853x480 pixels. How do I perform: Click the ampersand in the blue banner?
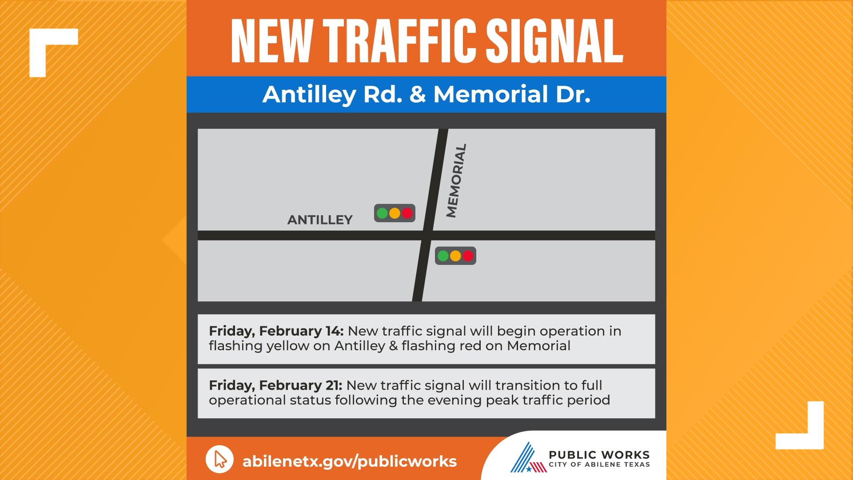pos(418,94)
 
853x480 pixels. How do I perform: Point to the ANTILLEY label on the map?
pos(320,220)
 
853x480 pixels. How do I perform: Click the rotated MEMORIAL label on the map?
pos(457,180)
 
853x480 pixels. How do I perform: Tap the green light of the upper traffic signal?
pos(382,213)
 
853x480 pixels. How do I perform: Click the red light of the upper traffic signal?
pos(407,213)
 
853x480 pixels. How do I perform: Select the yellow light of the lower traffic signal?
pos(455,256)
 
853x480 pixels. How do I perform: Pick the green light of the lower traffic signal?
pos(443,256)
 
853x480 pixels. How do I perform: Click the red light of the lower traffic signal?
pos(468,256)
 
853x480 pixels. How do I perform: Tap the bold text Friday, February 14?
pos(276,331)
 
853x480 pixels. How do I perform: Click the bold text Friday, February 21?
pos(275,385)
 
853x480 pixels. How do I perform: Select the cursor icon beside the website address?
pos(219,460)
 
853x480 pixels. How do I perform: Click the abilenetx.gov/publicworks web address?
pos(349,461)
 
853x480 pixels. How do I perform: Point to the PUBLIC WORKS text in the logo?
pos(599,455)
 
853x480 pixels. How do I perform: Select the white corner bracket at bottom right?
pos(804,429)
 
